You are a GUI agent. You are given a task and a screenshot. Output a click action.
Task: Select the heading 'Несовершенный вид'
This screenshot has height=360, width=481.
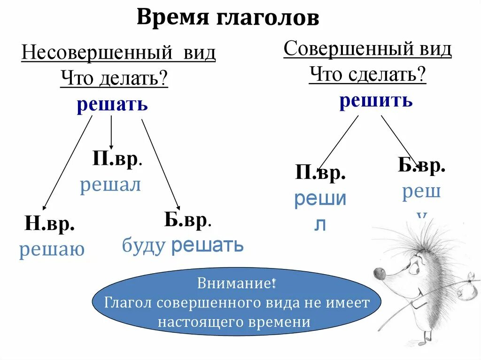[x=118, y=53]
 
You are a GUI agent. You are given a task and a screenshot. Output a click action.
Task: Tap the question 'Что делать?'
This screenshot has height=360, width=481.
[x=114, y=78]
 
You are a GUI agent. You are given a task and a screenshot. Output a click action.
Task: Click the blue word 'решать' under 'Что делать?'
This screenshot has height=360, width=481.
[x=112, y=104]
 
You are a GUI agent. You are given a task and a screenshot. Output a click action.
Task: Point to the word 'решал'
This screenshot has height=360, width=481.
[x=110, y=185]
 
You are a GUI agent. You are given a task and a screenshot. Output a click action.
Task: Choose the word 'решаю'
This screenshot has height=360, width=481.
[x=52, y=249]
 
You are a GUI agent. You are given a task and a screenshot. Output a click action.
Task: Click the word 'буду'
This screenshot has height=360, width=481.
[x=144, y=245]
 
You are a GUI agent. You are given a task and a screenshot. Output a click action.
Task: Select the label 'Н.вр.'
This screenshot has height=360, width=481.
[x=50, y=225]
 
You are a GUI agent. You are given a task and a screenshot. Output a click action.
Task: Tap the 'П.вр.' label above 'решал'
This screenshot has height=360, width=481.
[x=117, y=159]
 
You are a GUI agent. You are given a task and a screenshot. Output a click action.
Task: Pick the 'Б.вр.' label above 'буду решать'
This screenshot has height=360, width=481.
[x=187, y=220]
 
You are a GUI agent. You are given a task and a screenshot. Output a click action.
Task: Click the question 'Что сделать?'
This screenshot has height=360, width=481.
[x=367, y=74]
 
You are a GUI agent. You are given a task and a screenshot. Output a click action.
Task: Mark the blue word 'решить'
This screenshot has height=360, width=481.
[x=376, y=100]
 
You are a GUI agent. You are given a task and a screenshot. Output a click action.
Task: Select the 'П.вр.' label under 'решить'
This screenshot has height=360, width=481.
[x=320, y=174]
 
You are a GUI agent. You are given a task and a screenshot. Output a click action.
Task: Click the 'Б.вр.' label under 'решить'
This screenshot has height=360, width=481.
[x=421, y=166]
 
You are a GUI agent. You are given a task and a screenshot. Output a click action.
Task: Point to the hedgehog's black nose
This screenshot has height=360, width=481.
[x=378, y=273]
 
